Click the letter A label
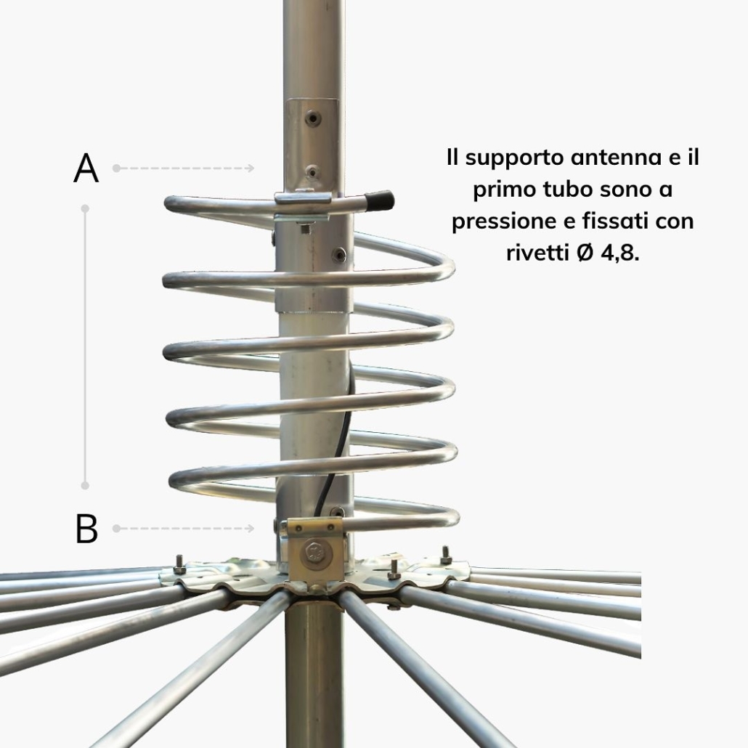86,168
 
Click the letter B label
86,528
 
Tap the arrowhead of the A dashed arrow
251,168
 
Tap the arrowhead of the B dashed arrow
251,528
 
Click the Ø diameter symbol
585,253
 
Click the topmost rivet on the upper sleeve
312,116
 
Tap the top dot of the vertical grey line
86,208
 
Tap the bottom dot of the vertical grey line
86,486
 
